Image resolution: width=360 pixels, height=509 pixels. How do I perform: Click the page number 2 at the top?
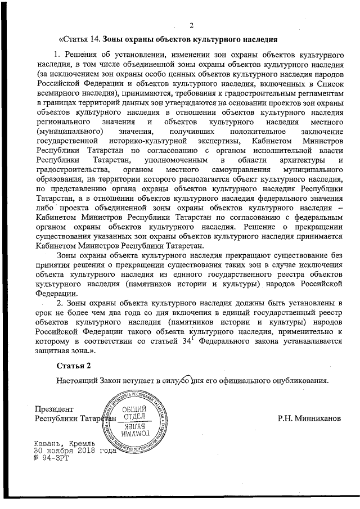(x=191, y=25)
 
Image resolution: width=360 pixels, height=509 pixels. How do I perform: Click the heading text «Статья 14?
(x=79, y=40)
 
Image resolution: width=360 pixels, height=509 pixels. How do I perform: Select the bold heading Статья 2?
(x=74, y=366)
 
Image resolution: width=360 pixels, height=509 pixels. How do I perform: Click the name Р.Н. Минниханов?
(x=309, y=418)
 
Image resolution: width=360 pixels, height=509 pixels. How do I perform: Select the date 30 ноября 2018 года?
(x=74, y=451)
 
